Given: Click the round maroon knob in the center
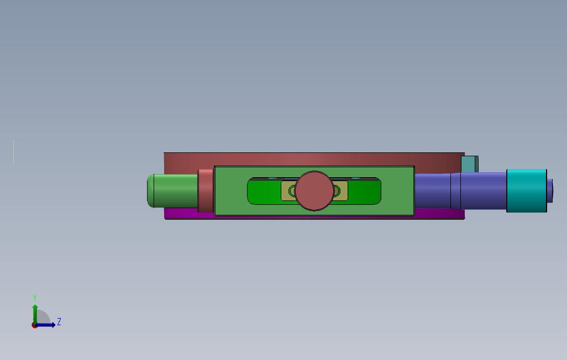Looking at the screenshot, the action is pyautogui.click(x=314, y=191).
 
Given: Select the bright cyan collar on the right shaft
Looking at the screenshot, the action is pyautogui.click(x=527, y=190).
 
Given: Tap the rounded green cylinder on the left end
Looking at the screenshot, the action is pyautogui.click(x=172, y=191).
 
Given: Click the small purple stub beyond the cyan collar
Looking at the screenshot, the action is pyautogui.click(x=550, y=190).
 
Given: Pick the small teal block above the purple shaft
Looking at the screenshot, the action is pyautogui.click(x=470, y=164).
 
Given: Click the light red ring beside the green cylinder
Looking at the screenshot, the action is pyautogui.click(x=206, y=190).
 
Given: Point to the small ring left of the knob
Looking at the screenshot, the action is pyautogui.click(x=292, y=190).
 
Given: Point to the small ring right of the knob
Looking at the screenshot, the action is pyautogui.click(x=337, y=190).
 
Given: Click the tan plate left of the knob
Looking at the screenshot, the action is pyautogui.click(x=288, y=190).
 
